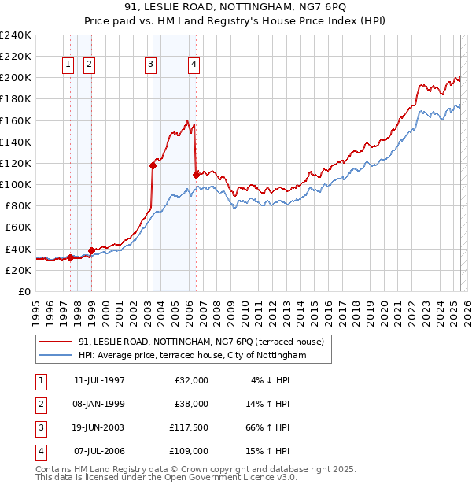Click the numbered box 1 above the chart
[68, 65]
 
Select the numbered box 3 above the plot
[150, 65]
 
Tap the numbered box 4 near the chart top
[194, 65]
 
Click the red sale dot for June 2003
[153, 165]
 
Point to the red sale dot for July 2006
[196, 174]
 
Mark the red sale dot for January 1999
[91, 250]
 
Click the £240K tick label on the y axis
[16, 35]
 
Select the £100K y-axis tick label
[16, 184]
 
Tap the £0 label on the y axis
[24, 291]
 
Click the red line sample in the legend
[56, 342]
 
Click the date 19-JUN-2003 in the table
[98, 427]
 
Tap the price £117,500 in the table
[188, 427]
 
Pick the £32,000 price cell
[191, 379]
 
